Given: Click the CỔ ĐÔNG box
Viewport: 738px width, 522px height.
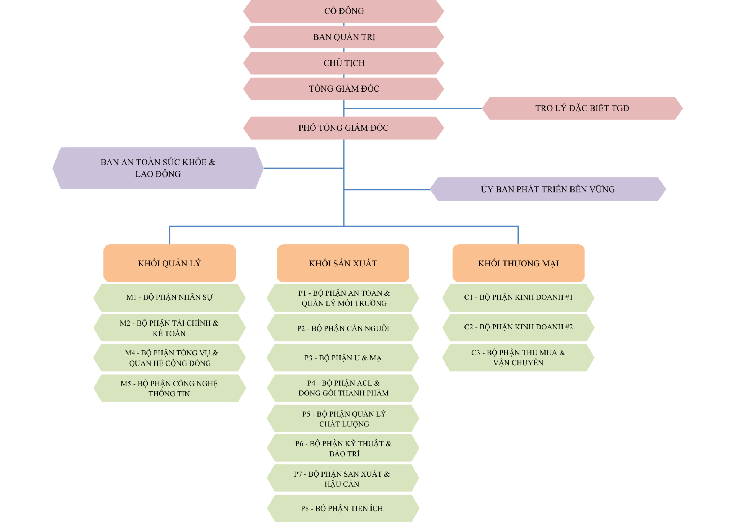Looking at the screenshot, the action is (343, 11).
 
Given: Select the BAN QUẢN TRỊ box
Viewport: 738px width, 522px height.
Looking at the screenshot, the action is (343, 37).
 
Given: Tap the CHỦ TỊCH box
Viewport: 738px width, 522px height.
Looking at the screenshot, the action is (343, 63).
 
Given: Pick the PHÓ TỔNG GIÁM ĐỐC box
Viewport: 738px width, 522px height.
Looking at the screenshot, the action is (343, 128).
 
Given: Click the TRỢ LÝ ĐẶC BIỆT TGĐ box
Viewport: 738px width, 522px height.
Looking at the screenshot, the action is (582, 108).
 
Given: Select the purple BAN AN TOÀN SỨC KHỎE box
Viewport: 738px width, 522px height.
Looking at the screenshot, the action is (158, 168).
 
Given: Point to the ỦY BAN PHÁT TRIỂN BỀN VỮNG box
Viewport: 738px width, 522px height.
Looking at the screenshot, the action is (548, 189).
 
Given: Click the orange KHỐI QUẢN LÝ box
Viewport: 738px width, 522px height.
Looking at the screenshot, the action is (169, 263).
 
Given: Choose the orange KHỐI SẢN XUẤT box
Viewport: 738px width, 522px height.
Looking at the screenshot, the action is (343, 263).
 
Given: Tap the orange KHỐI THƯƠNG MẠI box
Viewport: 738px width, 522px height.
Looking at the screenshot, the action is (519, 263).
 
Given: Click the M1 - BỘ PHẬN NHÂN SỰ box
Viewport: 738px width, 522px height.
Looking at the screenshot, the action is (169, 298).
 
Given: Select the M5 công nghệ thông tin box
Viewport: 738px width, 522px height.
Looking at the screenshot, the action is (169, 388).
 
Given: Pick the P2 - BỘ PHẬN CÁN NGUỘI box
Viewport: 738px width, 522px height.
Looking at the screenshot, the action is (343, 328).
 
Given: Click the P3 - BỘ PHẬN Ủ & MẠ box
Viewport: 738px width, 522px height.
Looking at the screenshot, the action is (343, 358).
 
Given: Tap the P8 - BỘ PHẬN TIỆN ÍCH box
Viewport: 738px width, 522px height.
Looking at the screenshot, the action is (343, 508).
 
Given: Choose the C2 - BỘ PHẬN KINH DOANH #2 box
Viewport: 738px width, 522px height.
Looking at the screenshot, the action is (518, 327).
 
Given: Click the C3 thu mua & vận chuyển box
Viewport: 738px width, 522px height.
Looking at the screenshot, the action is (518, 358).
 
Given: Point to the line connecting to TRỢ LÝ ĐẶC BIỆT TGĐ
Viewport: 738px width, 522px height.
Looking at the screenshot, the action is (413, 108).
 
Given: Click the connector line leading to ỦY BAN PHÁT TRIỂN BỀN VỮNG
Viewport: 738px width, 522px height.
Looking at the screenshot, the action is (387, 190).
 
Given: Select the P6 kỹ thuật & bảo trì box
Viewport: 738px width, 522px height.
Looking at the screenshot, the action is (343, 448).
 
